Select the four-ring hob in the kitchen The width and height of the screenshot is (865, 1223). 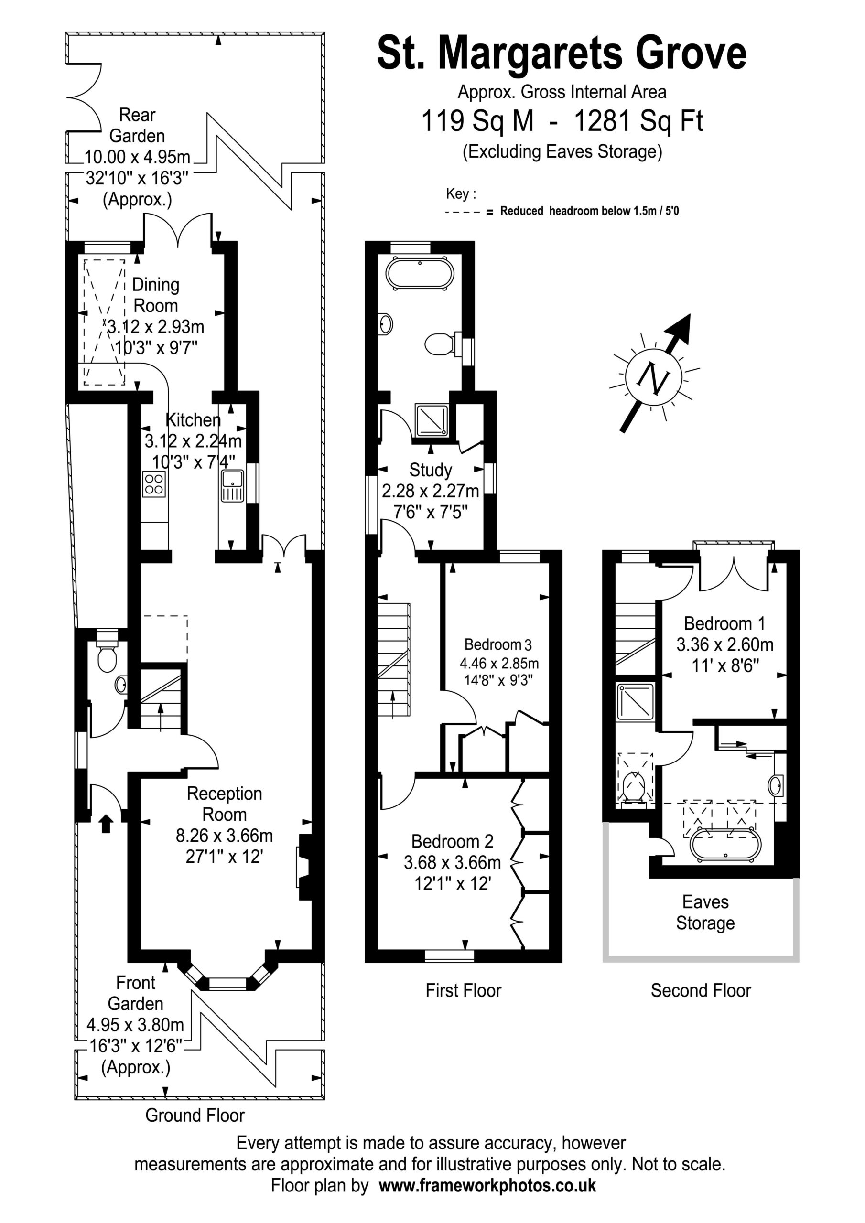[154, 484]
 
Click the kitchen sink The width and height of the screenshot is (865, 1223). [232, 485]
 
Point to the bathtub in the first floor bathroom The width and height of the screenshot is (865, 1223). [420, 274]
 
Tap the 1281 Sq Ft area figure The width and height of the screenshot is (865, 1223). [638, 120]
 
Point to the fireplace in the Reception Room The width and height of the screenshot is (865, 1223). [304, 867]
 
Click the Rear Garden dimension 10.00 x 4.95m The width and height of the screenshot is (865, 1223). [138, 157]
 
